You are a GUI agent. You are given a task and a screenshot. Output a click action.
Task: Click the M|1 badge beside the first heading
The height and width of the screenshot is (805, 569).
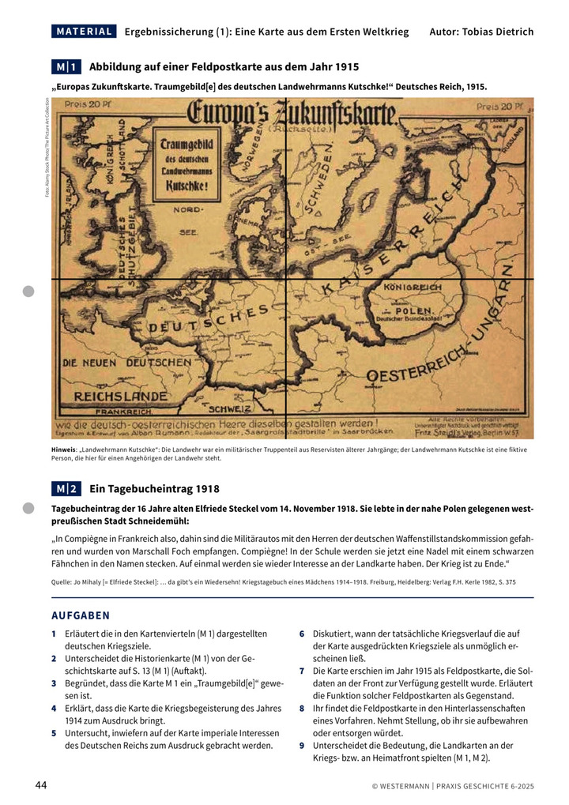click(x=67, y=67)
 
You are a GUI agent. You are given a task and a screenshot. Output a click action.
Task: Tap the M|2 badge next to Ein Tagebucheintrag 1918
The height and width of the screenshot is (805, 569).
click(x=67, y=489)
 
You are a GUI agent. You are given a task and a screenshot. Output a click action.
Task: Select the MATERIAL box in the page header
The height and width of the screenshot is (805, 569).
click(x=84, y=32)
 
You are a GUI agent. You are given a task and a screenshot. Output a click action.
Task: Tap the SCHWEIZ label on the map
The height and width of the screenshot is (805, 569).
click(x=230, y=408)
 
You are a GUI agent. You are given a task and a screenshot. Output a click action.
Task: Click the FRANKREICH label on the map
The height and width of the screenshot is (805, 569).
click(x=123, y=412)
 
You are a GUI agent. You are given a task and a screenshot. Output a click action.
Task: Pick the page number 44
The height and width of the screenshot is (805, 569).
click(x=41, y=784)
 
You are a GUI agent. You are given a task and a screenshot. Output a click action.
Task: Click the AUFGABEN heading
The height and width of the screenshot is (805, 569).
click(x=81, y=615)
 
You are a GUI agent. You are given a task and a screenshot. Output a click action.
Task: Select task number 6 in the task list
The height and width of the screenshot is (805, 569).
click(x=302, y=634)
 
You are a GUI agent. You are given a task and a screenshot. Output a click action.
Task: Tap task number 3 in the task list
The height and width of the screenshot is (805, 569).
click(x=54, y=683)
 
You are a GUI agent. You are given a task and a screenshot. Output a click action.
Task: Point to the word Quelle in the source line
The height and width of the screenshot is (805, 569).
click(x=62, y=581)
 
